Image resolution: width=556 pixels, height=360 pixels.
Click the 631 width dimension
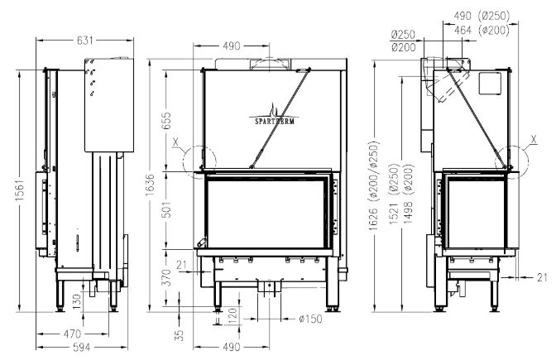pos(85,41)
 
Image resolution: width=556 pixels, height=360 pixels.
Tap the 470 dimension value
pos(72,334)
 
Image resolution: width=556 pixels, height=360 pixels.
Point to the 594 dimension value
pos(82,348)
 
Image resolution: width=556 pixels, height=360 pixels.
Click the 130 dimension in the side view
pos(77,301)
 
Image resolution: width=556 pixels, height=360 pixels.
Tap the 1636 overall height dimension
pos(151,184)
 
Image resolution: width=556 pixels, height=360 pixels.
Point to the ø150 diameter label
pos(310,319)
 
